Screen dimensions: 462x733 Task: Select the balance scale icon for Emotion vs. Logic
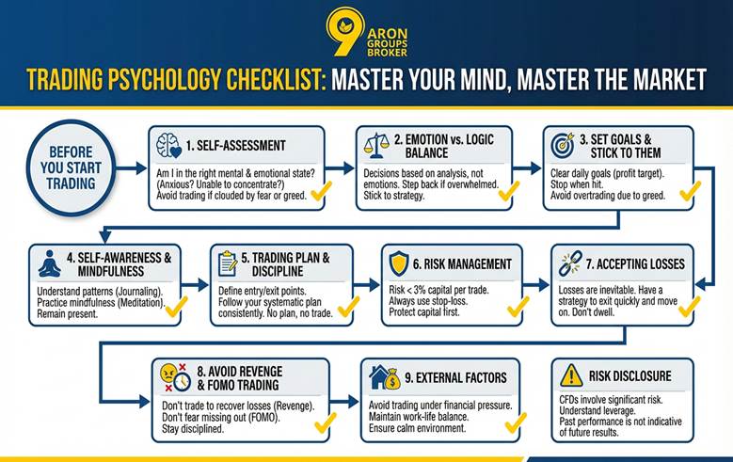[x=374, y=145]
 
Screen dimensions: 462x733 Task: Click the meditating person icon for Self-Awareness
[x=47, y=263]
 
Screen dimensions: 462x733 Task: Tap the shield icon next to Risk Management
[x=399, y=263]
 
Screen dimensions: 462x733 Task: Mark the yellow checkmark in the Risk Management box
[x=518, y=307]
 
